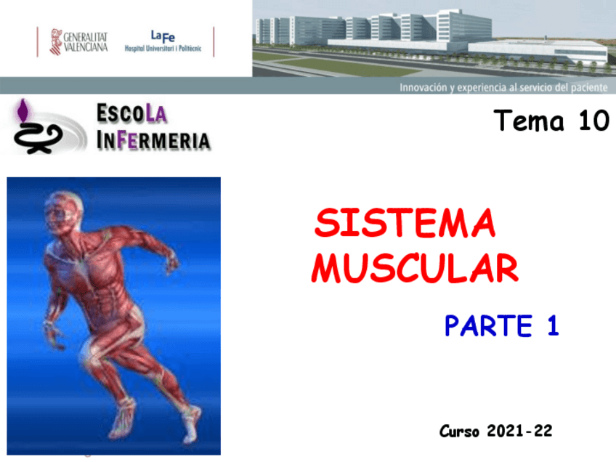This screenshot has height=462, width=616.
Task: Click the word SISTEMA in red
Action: pos(405,223)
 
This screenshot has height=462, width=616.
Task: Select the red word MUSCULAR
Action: pos(415,268)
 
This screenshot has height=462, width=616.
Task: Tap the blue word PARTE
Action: pos(489,325)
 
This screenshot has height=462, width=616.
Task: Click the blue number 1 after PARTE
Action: pos(553,325)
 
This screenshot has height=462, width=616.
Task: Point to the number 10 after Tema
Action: pos(593,121)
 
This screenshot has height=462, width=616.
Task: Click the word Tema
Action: pos(529,121)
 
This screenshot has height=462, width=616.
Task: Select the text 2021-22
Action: pos(519,431)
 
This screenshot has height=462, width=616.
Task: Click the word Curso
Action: pos(459,431)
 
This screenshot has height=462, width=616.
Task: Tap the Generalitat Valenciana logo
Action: pos(78,41)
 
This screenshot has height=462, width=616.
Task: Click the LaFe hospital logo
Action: pos(163,41)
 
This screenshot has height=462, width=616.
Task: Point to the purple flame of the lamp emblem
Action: pos(23,110)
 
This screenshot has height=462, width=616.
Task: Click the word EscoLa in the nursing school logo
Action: pos(131,114)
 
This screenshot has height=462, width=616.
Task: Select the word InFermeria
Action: pos(153,140)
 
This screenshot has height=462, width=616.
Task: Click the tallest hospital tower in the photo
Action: pos(463,25)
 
